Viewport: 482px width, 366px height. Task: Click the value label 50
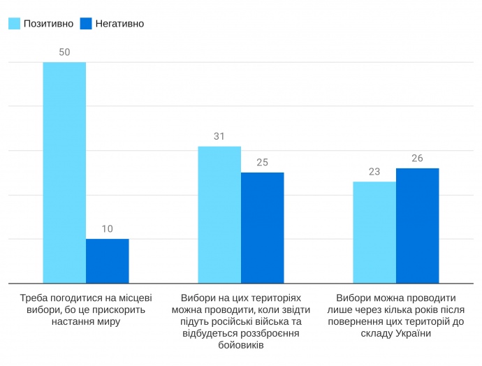click(64, 52)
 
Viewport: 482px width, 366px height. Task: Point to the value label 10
click(108, 228)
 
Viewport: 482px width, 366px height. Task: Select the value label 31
click(219, 136)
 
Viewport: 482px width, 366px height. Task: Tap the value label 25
click(262, 162)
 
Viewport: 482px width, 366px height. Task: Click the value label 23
click(374, 172)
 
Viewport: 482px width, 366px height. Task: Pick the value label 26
click(417, 158)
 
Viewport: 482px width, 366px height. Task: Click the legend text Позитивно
click(48, 24)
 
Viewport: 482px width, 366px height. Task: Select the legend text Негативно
click(119, 24)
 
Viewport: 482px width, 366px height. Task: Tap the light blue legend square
click(14, 24)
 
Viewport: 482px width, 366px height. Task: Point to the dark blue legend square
click(86, 24)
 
